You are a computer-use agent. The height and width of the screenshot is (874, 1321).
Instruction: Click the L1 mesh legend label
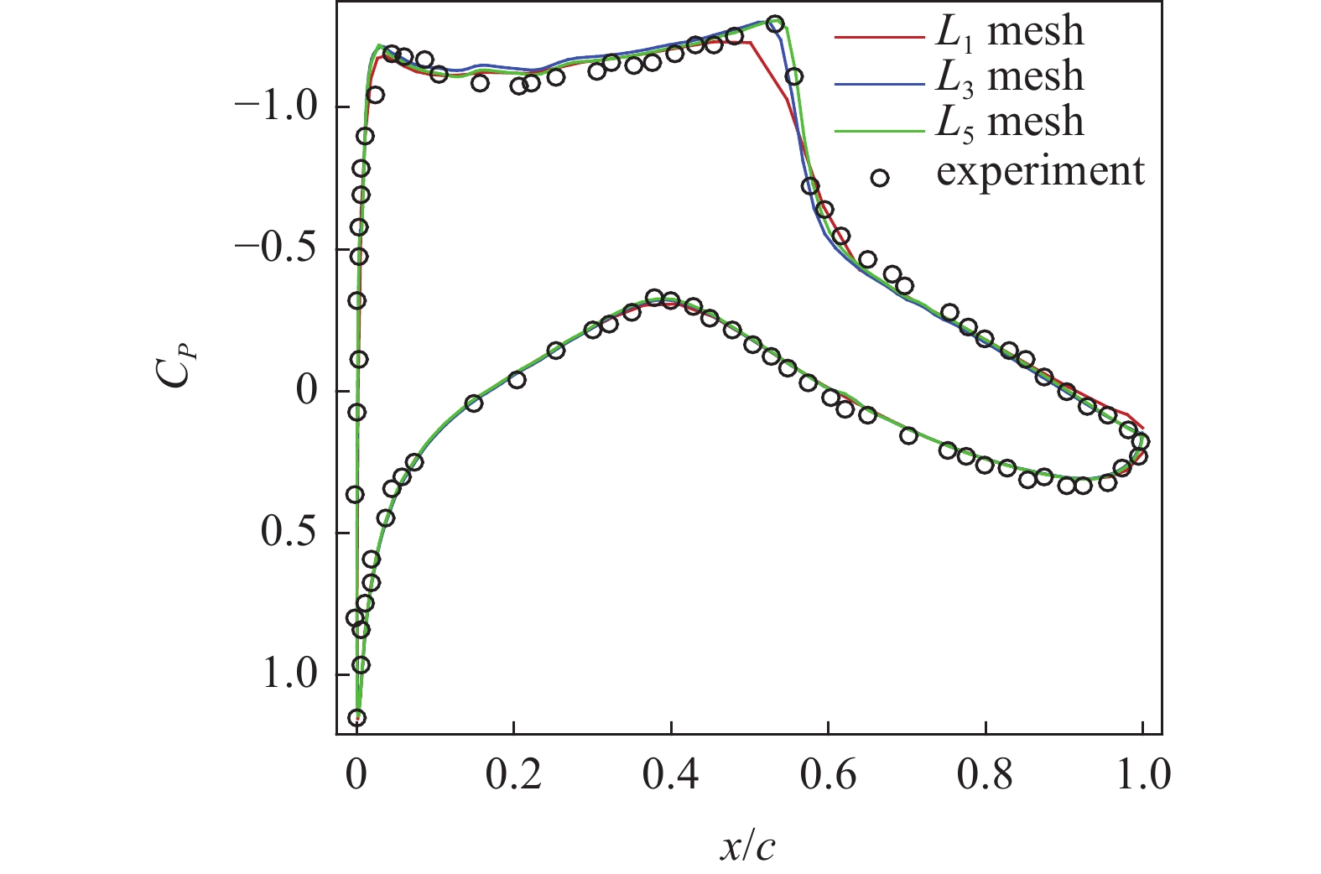click(x=1009, y=32)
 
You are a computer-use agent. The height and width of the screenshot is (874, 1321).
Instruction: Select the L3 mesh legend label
click(x=1009, y=77)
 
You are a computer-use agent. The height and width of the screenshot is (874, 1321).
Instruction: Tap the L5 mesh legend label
click(x=1009, y=122)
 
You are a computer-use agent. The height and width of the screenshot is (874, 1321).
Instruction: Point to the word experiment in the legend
click(x=1040, y=171)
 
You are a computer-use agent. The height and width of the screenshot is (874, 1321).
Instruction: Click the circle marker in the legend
click(x=879, y=178)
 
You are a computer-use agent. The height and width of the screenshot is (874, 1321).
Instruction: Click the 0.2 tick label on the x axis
click(x=513, y=776)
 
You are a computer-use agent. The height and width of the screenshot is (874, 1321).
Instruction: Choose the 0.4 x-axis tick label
click(x=671, y=776)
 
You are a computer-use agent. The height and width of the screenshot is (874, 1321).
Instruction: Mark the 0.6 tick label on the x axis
click(x=828, y=776)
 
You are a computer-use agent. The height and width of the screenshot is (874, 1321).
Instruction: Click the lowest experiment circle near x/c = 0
click(x=357, y=717)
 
